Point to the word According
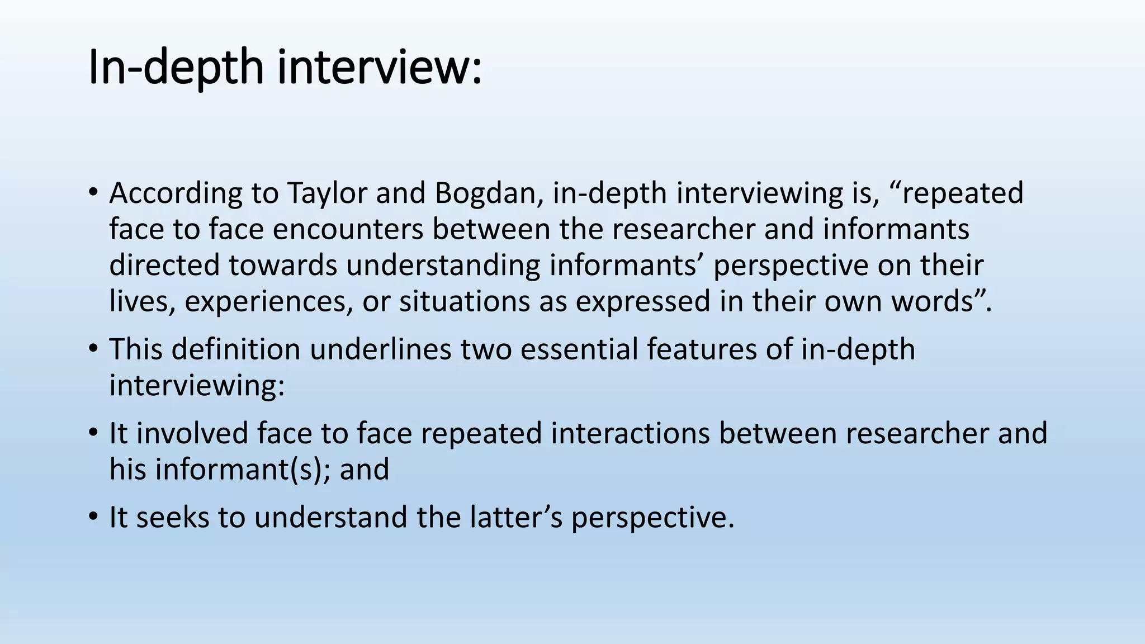pos(176,193)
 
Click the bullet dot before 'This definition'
pos(93,349)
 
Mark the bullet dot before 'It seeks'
pos(93,517)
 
